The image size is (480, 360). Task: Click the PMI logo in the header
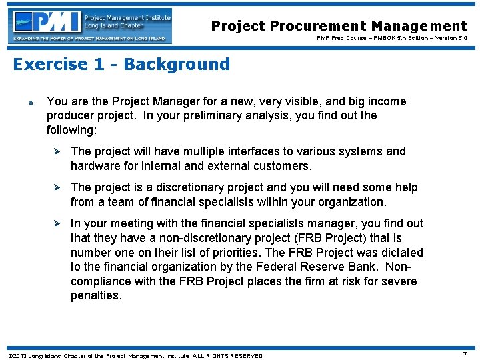pyautogui.click(x=91, y=25)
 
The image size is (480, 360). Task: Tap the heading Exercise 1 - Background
pyautogui.click(x=121, y=64)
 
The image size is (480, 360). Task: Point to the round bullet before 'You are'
pyautogui.click(x=31, y=103)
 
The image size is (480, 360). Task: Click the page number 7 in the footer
pyautogui.click(x=465, y=355)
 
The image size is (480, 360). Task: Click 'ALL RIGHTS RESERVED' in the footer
pyautogui.click(x=228, y=355)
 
